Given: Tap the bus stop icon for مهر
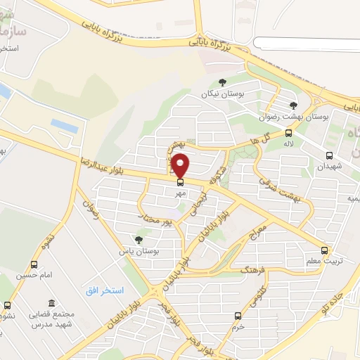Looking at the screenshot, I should pos(181,182).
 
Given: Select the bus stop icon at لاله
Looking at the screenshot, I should pos(288,133).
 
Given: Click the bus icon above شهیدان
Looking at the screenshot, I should pos(329,156).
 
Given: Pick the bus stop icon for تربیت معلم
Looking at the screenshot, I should pos(324,250).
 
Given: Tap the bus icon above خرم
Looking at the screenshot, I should pos(238,316).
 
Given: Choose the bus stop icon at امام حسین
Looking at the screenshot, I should pos(34,264).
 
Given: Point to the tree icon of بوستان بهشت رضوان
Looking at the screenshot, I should pos(293,105).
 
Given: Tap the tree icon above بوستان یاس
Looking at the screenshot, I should pos(139,240).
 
